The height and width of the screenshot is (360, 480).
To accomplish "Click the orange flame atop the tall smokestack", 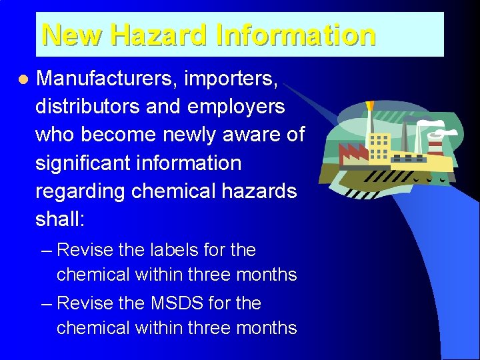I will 371,106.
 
